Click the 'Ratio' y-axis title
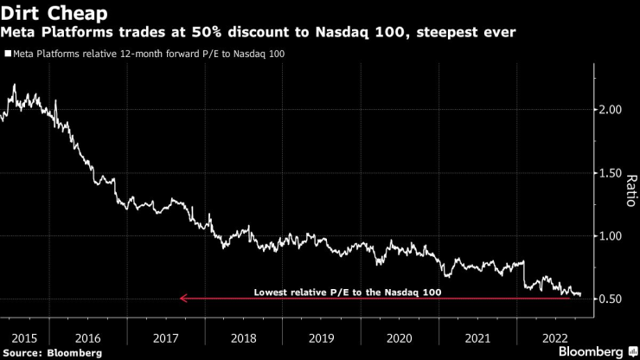[630, 190]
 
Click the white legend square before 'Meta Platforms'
[7, 54]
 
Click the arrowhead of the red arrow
[182, 299]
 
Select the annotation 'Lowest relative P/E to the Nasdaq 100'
[347, 292]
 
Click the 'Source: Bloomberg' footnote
[52, 352]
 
